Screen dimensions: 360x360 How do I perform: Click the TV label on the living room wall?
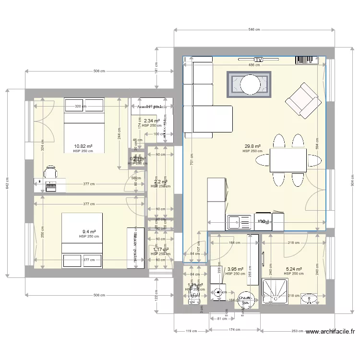click(259, 60)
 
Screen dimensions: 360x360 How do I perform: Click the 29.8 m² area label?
click(252, 146)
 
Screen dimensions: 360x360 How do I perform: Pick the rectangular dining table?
click(288, 160)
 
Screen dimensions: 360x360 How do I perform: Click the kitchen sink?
click(239, 221)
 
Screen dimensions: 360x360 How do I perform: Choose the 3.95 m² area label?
click(235, 269)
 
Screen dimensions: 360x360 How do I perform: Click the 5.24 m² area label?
click(293, 269)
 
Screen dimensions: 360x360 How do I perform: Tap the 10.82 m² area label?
click(83, 146)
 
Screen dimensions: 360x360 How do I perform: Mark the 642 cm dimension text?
click(7, 183)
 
